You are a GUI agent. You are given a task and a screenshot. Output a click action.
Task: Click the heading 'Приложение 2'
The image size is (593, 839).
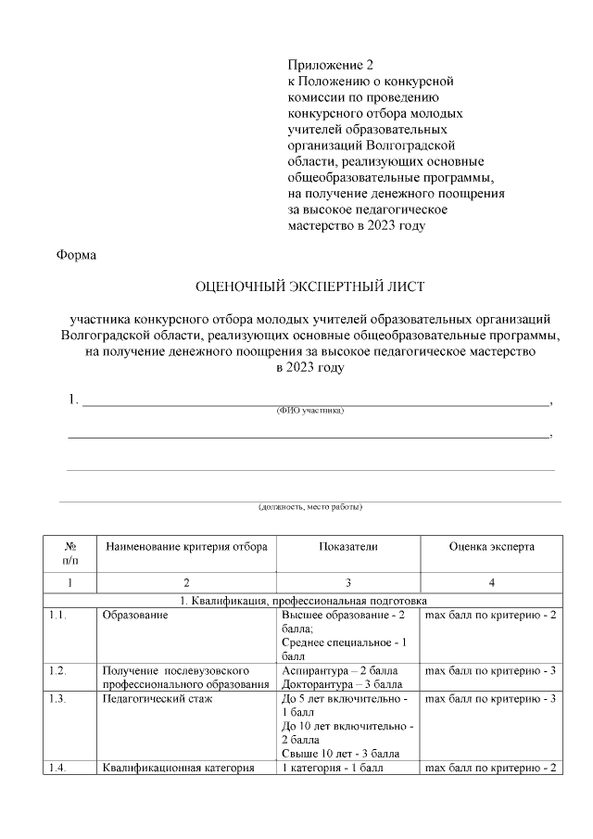(330, 65)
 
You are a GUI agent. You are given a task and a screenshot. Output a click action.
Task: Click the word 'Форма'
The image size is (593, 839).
(77, 254)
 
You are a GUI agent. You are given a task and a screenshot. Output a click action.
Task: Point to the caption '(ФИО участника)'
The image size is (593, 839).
(310, 409)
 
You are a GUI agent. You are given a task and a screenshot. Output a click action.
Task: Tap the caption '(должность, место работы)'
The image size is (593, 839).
(309, 507)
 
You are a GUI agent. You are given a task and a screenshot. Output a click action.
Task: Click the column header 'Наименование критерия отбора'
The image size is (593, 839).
(186, 547)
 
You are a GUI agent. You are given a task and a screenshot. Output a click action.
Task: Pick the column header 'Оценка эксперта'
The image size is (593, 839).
(491, 547)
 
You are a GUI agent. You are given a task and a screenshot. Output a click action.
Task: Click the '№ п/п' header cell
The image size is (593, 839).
(70, 553)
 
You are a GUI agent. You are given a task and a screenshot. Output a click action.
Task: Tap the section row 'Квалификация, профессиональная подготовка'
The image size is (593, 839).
(309, 602)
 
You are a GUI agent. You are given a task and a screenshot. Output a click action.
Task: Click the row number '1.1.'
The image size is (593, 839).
(58, 616)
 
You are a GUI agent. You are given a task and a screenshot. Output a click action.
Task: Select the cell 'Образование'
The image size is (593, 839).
(135, 616)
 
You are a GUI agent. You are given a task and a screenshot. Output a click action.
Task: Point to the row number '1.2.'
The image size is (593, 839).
(58, 669)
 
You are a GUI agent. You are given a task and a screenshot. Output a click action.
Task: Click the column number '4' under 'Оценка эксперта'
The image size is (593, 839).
(491, 582)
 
